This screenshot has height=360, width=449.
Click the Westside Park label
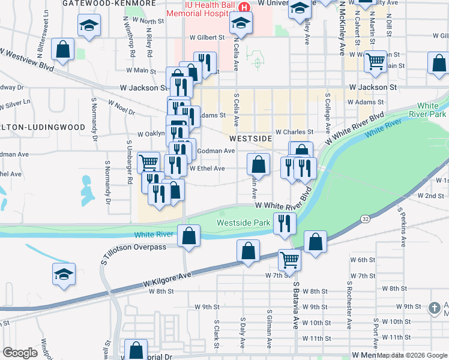(x=244, y=223)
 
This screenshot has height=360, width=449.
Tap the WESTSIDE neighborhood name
(x=251, y=138)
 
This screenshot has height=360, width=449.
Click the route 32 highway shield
(x=366, y=219)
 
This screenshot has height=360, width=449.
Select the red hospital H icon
(x=244, y=7)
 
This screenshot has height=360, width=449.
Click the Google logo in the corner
(x=20, y=352)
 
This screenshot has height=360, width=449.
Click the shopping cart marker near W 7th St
(x=289, y=260)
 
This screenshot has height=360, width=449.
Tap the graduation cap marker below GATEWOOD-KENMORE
(x=89, y=25)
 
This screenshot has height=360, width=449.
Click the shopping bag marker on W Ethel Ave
(x=258, y=164)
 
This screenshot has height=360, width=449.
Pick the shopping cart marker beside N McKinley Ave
(x=375, y=61)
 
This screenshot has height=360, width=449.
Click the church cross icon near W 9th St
(x=435, y=308)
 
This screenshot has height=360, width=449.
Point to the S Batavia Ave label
(x=296, y=306)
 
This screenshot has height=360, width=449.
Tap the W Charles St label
(x=294, y=132)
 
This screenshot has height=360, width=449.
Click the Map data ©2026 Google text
(x=411, y=355)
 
